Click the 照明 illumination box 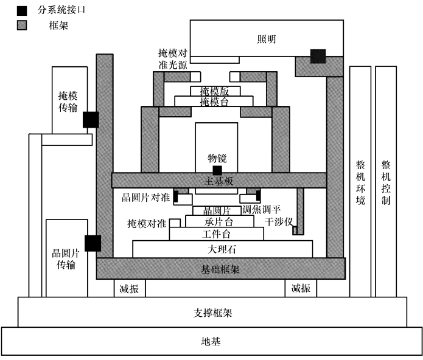click(266, 39)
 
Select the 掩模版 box click(215, 91)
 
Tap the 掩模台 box click(215, 101)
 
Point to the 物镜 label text click(217, 158)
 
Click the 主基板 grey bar click(218, 181)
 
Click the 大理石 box click(222, 249)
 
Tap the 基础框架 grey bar click(220, 268)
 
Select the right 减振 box click(301, 288)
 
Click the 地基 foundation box click(212, 341)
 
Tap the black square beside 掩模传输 click(91, 120)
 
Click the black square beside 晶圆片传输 click(93, 243)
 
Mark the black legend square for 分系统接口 click(23, 10)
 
